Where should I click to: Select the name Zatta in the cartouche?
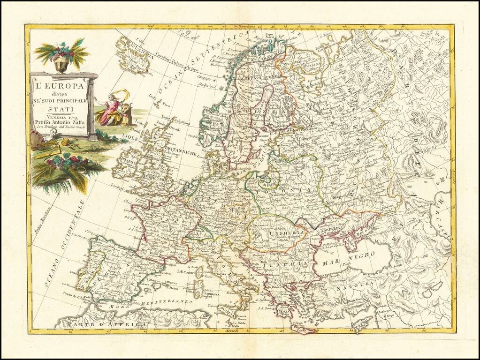76,123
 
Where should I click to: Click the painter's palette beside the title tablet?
38,139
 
